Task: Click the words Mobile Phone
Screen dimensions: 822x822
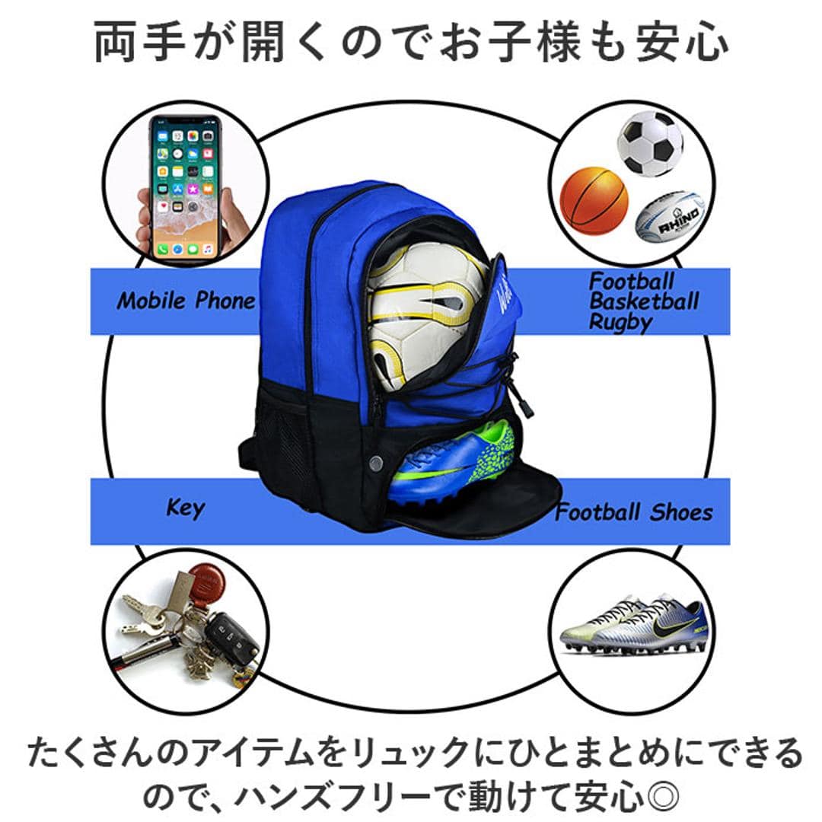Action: click(186, 301)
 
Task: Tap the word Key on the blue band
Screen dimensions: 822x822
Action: click(186, 508)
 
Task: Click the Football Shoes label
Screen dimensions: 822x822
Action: click(634, 511)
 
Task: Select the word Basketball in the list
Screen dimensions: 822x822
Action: click(644, 301)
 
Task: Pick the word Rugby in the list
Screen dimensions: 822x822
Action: click(620, 322)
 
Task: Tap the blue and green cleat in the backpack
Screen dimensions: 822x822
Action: click(453, 464)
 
